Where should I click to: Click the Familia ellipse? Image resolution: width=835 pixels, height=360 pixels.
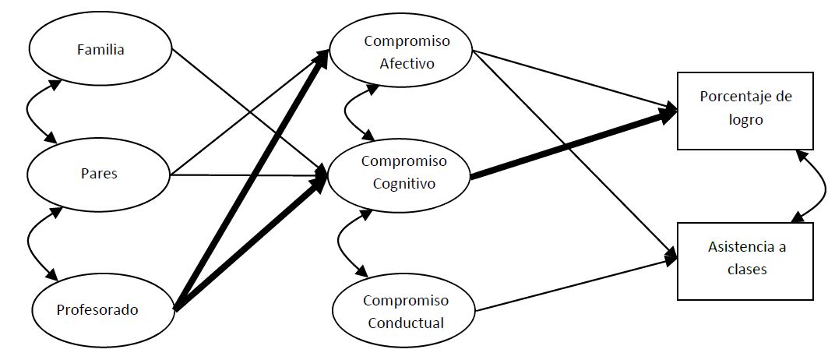tap(100, 49)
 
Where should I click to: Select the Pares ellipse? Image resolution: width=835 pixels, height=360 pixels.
tap(98, 173)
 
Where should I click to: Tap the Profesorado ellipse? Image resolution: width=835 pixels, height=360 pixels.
tap(97, 309)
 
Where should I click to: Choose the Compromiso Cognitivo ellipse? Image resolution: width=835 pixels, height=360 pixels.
tap(399, 173)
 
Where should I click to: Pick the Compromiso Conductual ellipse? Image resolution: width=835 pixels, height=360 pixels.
tap(403, 310)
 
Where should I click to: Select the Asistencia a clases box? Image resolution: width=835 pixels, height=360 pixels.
tap(745, 260)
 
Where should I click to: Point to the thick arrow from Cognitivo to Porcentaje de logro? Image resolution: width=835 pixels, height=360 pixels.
tap(573, 146)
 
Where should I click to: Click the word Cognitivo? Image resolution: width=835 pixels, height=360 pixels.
tap(403, 184)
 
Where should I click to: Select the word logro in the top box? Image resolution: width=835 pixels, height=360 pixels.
tap(745, 120)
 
